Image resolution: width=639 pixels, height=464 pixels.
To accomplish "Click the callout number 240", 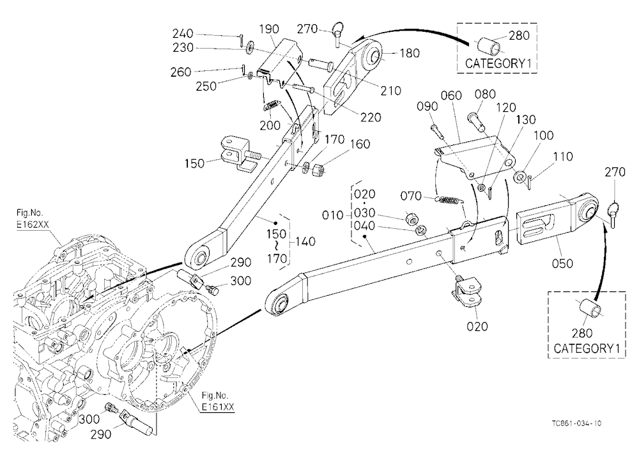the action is [183, 33].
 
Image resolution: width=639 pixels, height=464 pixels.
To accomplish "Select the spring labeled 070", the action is [449, 200].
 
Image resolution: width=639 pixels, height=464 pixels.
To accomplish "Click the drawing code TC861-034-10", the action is [576, 423].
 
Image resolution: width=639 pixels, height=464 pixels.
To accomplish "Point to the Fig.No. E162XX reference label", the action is [30, 219].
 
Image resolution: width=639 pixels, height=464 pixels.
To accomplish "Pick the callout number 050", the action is [562, 263].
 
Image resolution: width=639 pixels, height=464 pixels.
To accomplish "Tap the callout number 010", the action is [333, 215].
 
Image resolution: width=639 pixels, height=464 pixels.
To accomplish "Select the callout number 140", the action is [305, 242].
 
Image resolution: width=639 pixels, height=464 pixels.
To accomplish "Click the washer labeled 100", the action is [519, 177].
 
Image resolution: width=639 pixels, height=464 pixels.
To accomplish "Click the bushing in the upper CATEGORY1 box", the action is [488, 47].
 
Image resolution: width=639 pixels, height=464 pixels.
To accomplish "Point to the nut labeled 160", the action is [318, 169].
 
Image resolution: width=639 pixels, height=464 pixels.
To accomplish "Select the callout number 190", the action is [269, 29].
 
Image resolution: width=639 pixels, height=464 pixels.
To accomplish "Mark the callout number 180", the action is [409, 53].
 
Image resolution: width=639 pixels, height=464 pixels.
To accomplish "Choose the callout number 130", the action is [525, 120].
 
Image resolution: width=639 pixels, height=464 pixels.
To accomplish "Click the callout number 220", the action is [371, 117].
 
